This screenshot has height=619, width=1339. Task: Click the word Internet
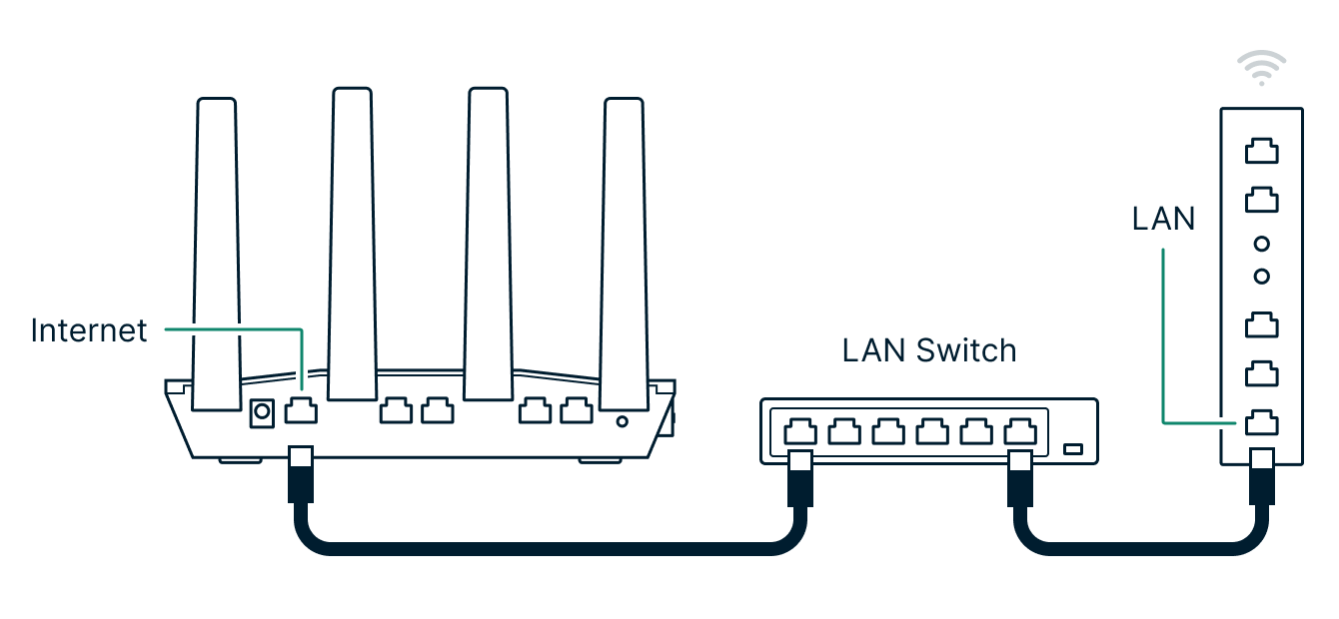pyautogui.click(x=89, y=330)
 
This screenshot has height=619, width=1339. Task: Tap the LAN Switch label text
pyautogui.click(x=928, y=350)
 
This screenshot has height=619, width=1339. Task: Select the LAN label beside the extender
pyautogui.click(x=1163, y=219)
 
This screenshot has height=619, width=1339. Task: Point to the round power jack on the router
pyautogui.click(x=262, y=410)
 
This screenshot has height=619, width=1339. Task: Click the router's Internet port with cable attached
pyautogui.click(x=301, y=410)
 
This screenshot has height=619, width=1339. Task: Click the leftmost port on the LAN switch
pyautogui.click(x=800, y=431)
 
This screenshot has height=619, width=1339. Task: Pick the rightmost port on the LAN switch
pyautogui.click(x=1019, y=431)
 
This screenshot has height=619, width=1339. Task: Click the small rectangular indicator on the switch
pyautogui.click(x=1073, y=449)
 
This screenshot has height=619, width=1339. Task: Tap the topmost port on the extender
pyautogui.click(x=1261, y=152)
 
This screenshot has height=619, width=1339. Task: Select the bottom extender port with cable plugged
pyautogui.click(x=1261, y=422)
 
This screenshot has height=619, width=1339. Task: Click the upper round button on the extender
pyautogui.click(x=1261, y=243)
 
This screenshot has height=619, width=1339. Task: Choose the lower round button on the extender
pyautogui.click(x=1261, y=276)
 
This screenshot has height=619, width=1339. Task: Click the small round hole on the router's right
pyautogui.click(x=623, y=421)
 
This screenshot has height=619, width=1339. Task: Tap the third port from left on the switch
pyautogui.click(x=888, y=431)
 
